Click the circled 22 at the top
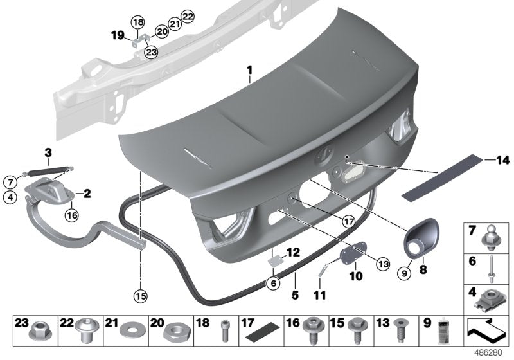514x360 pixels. (x=187, y=16)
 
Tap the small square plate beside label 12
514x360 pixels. (x=274, y=262)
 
